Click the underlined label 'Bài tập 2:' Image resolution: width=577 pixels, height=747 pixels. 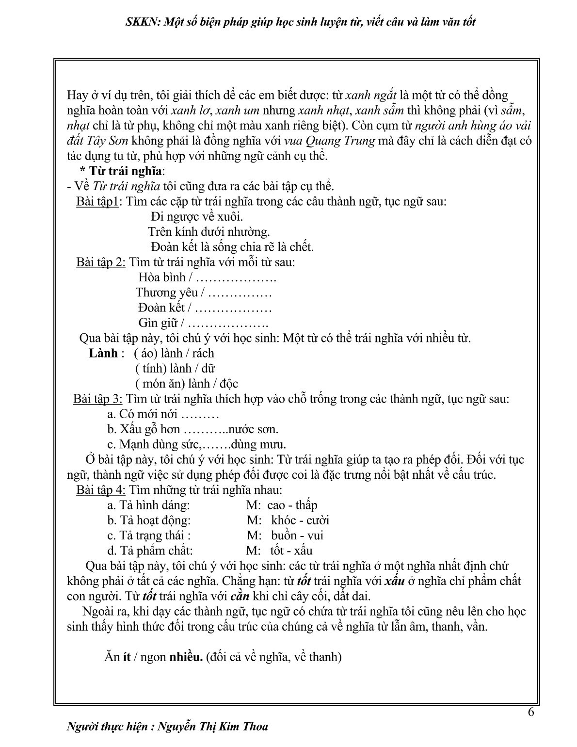(101, 262)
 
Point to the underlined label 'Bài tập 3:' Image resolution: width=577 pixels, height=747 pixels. (99, 399)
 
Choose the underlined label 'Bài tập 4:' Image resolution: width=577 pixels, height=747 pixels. (101, 490)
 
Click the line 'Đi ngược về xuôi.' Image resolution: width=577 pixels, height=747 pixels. (197, 217)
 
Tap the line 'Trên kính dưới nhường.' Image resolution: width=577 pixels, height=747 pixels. (208, 232)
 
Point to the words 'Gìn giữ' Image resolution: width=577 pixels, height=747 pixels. (158, 323)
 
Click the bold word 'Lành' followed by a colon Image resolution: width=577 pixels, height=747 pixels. (103, 353)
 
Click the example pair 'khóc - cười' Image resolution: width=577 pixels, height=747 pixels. (300, 520)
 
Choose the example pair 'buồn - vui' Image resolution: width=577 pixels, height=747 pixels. (297, 536)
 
